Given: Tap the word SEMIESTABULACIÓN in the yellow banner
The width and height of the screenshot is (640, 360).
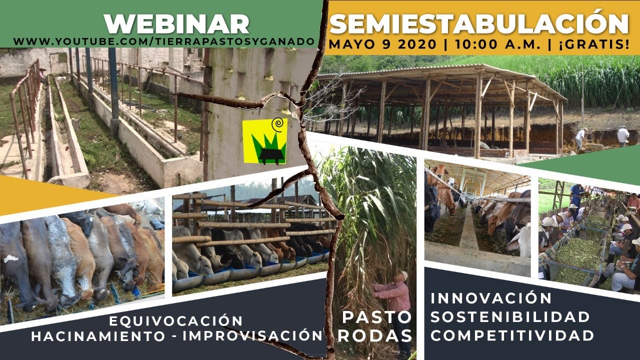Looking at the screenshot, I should [x=479, y=23].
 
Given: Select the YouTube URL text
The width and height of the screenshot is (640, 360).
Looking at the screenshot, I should [x=165, y=41].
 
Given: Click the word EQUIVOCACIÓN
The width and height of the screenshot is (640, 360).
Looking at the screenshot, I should [x=175, y=320].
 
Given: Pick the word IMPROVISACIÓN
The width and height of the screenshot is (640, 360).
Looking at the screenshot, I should [x=251, y=336].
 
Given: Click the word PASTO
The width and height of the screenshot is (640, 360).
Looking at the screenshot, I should [x=377, y=317].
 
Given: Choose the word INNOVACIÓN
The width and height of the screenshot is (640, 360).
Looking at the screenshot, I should [x=491, y=298].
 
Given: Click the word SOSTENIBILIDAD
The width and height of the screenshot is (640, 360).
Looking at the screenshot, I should [x=510, y=316].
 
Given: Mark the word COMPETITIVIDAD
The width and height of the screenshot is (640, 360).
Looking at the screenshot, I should [x=512, y=335].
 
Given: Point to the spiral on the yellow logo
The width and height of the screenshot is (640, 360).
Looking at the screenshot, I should [x=276, y=123].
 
